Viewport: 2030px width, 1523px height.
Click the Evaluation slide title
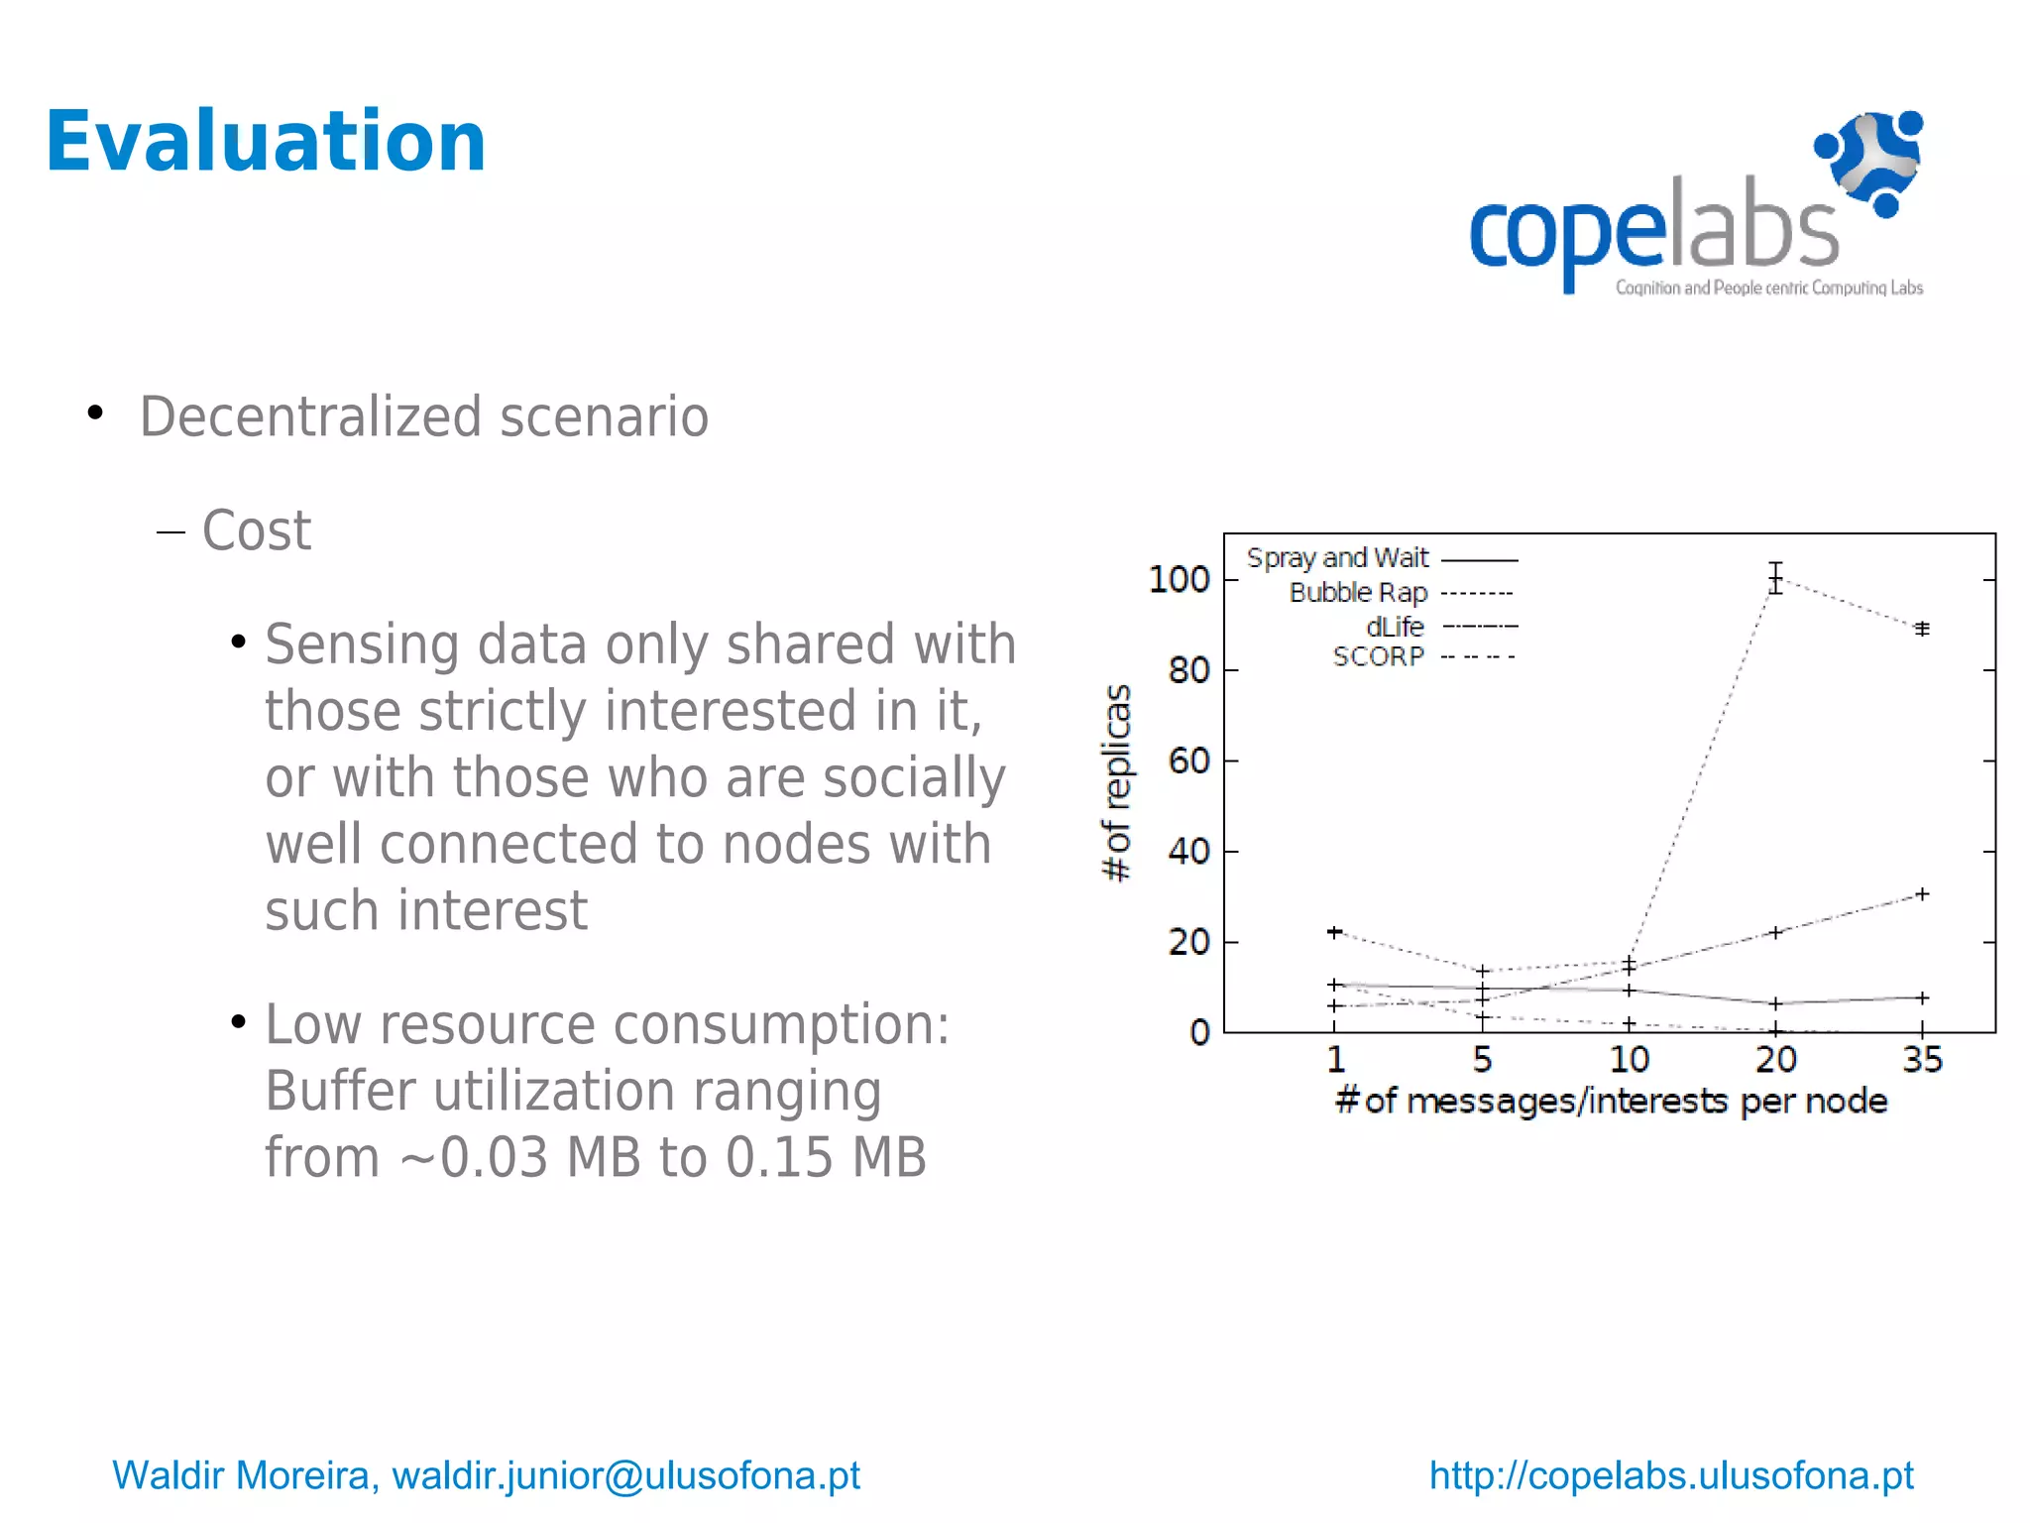coord(266,142)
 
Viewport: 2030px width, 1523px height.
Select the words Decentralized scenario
coord(424,416)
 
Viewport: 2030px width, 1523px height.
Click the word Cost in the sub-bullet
coord(257,530)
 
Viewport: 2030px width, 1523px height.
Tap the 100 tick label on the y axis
coord(1179,579)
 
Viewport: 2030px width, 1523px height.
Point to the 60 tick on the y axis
coord(1188,761)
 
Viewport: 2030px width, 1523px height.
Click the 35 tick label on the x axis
coord(1922,1060)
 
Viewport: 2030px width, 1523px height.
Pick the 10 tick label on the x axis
coord(1629,1060)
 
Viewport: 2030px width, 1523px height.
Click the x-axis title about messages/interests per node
coord(1611,1102)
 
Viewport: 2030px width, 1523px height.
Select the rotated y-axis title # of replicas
coord(1116,782)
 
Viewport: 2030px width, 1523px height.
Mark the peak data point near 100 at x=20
coord(1775,578)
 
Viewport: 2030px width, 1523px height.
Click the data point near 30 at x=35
coord(1922,894)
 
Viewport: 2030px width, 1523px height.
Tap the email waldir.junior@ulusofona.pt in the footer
coord(626,1475)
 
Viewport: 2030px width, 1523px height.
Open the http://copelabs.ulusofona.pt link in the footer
coord(1671,1475)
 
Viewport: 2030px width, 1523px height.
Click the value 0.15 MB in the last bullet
coord(826,1157)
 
